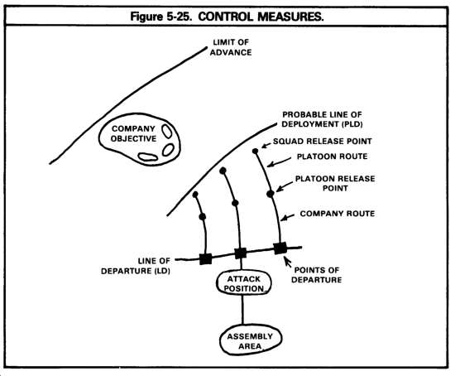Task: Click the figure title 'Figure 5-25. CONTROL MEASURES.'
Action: (x=227, y=17)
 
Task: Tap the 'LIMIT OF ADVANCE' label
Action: (x=231, y=47)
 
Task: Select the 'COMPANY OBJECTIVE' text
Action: (x=133, y=133)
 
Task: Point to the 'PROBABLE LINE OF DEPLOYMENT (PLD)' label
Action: (x=322, y=119)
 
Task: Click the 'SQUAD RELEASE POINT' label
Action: (x=323, y=142)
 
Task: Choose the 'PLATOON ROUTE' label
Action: (x=333, y=157)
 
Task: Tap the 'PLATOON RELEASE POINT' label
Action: (x=335, y=183)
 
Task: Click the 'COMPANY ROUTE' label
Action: (x=338, y=214)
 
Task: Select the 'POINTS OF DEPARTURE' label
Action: (x=317, y=275)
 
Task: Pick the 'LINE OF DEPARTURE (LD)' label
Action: (x=136, y=266)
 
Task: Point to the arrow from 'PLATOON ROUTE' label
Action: (x=279, y=162)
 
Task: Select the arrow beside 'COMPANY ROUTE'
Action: (x=288, y=217)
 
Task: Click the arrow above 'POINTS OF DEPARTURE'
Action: (x=288, y=262)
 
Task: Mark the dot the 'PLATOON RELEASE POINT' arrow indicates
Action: (x=271, y=194)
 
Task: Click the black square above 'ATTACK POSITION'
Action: (x=240, y=253)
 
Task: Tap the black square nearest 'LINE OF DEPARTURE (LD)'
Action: (x=206, y=259)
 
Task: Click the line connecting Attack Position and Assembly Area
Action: (x=242, y=310)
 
